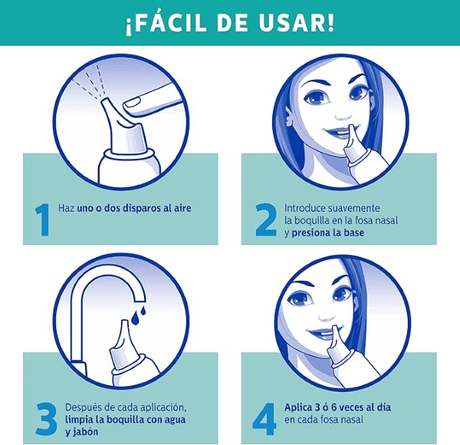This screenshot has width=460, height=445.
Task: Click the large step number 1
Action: [43, 220]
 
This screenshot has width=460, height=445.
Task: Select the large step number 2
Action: [266, 220]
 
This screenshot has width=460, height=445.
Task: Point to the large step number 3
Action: [46, 419]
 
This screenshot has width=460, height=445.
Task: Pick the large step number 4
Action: [264, 419]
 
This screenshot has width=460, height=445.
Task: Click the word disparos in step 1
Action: [141, 208]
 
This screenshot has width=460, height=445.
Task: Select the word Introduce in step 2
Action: [305, 208]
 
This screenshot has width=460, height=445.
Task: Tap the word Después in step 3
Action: [83, 408]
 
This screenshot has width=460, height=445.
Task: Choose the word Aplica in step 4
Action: [298, 407]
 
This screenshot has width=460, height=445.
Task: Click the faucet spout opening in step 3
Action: [139, 300]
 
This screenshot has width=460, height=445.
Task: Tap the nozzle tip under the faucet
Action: [124, 323]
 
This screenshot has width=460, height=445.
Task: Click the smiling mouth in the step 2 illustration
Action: [338, 132]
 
